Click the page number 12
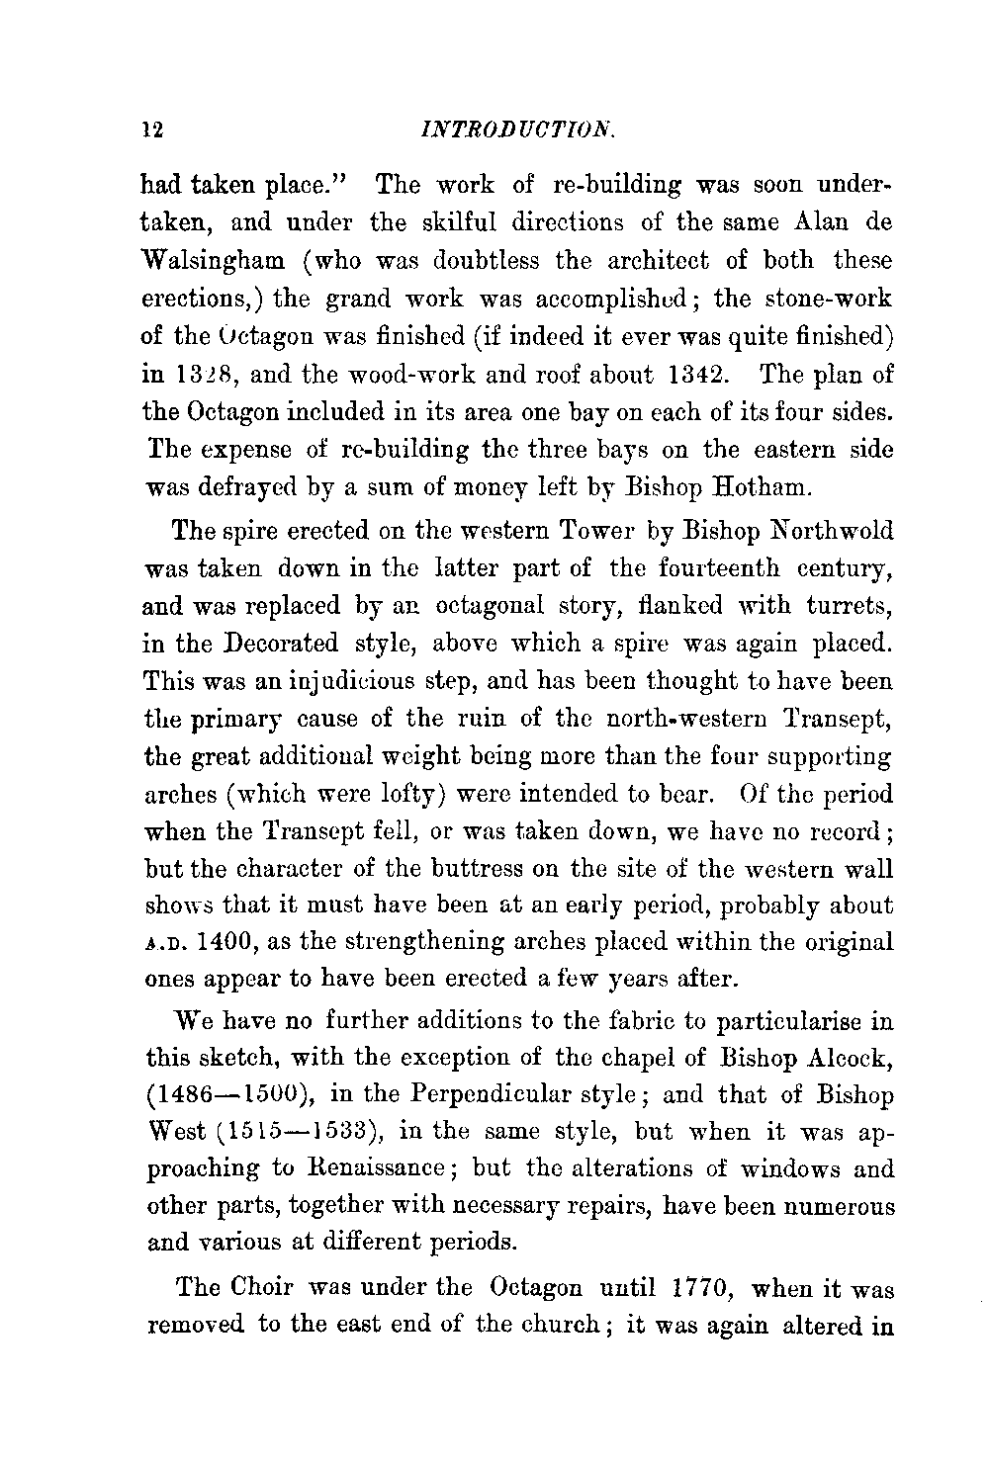click(151, 129)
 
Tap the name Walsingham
click(218, 262)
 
